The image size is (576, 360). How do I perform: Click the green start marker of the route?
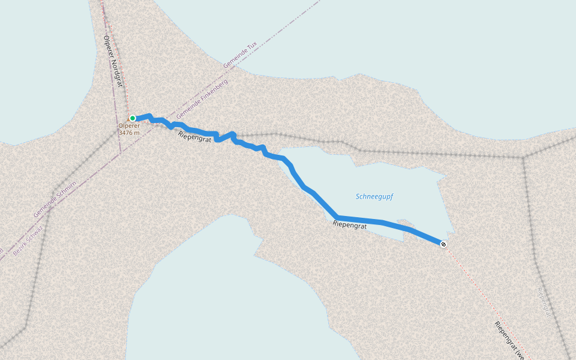tap(132, 118)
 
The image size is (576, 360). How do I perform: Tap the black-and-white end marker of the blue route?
tap(443, 244)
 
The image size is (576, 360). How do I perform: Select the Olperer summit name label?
tap(128, 126)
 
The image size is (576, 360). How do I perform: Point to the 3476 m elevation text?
tap(129, 133)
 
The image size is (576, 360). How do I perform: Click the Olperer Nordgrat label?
tap(113, 60)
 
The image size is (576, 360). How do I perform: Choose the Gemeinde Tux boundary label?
tap(239, 54)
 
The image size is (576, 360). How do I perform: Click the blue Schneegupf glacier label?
tap(374, 196)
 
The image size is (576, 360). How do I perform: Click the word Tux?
tap(252, 46)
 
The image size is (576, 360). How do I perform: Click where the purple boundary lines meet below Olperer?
tap(121, 152)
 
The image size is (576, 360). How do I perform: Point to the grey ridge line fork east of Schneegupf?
tap(524, 158)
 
